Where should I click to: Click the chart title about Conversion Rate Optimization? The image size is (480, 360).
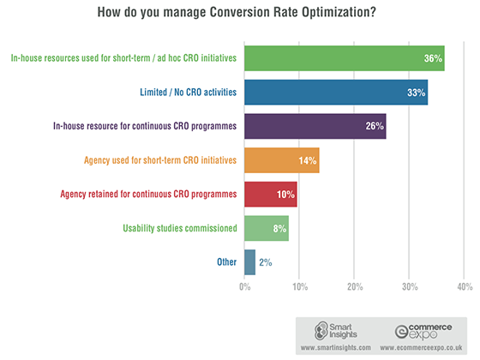coord(237,12)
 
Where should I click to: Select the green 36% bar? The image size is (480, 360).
coord(345,58)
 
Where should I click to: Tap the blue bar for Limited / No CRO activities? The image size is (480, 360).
coord(336,93)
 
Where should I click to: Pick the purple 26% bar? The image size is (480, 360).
coord(315,126)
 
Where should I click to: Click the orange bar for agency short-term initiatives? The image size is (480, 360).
coord(282,160)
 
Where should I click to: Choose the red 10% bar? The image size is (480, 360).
coord(271,195)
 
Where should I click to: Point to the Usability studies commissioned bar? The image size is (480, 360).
coord(267,228)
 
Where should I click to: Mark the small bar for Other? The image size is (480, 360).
coord(249,262)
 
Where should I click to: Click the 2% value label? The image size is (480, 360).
coord(266,262)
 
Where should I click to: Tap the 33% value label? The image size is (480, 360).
coord(416,93)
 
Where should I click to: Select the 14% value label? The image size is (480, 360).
coord(308,160)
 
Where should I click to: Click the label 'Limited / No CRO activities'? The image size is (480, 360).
coord(189,93)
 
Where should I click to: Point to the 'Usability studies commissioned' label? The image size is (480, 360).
coord(180,228)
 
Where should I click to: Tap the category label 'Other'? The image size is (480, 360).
coord(227,262)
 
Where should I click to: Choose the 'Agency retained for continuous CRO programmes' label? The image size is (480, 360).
coord(148,195)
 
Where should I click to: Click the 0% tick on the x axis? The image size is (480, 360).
coord(245,287)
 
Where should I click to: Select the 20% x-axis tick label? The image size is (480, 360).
coord(355,287)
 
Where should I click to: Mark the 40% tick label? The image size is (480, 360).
coord(465,287)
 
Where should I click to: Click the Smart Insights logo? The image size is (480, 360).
coord(336,331)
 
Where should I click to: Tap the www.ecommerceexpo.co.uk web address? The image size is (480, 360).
coord(421,348)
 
